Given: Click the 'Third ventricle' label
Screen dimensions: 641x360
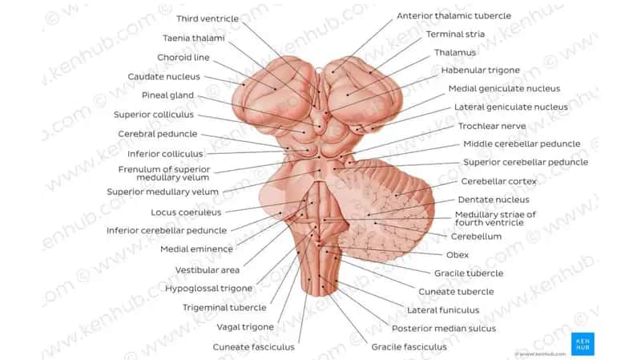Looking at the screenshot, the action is click(x=208, y=18).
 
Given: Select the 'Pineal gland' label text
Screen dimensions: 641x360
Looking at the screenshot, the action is click(x=167, y=95).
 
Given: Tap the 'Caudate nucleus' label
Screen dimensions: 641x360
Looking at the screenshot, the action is click(x=164, y=76).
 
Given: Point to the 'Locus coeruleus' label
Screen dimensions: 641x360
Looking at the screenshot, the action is click(x=186, y=212).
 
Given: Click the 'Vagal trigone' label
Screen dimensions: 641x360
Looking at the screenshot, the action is click(x=245, y=327).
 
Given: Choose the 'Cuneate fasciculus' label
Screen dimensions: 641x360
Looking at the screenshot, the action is click(x=253, y=347).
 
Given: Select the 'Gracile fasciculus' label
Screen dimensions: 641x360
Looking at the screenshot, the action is click(x=409, y=347).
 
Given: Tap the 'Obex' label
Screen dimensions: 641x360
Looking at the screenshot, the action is click(x=458, y=255).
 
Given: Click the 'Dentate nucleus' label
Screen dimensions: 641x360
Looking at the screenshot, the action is click(x=494, y=200).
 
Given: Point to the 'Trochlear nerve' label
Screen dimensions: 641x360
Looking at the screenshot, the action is click(x=492, y=126).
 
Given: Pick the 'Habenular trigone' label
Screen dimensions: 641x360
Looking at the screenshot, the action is click(x=480, y=71).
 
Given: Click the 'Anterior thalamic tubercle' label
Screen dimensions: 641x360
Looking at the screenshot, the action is click(x=454, y=15).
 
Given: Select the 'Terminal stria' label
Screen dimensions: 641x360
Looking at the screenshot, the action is click(x=455, y=34).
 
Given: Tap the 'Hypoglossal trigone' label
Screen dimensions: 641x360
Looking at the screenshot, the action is click(x=208, y=289).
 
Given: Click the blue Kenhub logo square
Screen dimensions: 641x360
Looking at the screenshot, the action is click(x=583, y=344).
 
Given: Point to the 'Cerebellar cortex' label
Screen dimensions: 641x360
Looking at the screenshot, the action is click(x=498, y=181).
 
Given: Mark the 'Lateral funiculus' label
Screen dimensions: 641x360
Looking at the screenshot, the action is click(x=443, y=310).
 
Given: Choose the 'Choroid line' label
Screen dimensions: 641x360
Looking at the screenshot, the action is click(x=183, y=57).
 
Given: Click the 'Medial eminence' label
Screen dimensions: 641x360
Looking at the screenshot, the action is click(x=196, y=249).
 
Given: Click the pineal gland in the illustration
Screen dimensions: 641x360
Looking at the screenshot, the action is click(x=320, y=122).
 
